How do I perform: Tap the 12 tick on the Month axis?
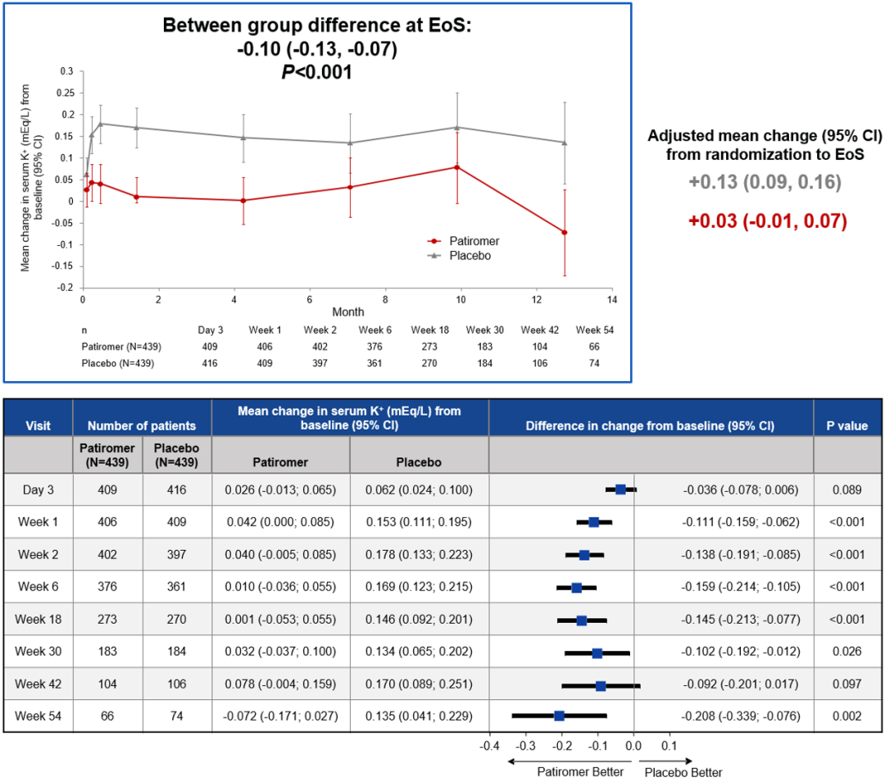pos(535,299)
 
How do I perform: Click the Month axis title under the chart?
pos(347,312)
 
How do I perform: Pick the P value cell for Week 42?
pos(848,684)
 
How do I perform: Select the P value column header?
pos(848,425)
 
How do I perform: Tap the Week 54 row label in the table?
pos(38,716)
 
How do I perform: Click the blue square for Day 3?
pos(620,489)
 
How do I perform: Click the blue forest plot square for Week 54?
pos(559,716)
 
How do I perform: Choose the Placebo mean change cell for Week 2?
pos(419,555)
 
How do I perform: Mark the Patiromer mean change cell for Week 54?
pos(280,716)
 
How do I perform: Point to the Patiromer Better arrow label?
pos(580,771)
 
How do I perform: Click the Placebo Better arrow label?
pos(683,771)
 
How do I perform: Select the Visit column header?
pos(38,425)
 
